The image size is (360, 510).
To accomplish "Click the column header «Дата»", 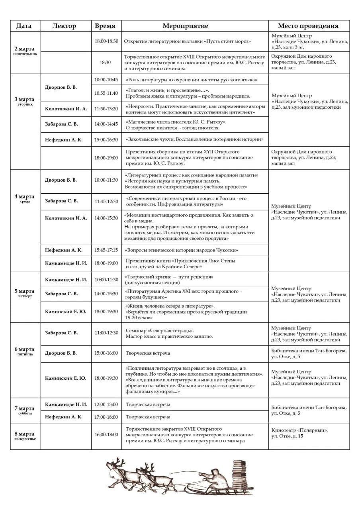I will pyautogui.click(x=24, y=26).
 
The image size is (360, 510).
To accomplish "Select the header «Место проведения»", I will pyautogui.click(x=308, y=26).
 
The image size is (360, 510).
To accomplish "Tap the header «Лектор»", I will pyautogui.click(x=64, y=26).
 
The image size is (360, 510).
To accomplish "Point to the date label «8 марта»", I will pyautogui.click(x=25, y=434).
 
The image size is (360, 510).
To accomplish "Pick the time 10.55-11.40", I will pyautogui.click(x=106, y=93).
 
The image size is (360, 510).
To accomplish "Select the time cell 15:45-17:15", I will pyautogui.click(x=106, y=250).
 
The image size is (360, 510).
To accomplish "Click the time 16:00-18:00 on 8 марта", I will pyautogui.click(x=106, y=434).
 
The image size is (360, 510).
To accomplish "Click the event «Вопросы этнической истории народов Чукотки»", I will pyautogui.click(x=182, y=250).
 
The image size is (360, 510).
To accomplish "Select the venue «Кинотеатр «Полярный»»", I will pyautogui.click(x=299, y=430).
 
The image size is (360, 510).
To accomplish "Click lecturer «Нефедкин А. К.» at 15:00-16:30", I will pyautogui.click(x=64, y=140).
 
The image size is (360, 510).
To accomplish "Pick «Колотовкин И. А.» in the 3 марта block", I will pyautogui.click(x=66, y=109).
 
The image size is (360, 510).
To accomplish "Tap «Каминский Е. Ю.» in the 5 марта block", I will pyautogui.click(x=65, y=312).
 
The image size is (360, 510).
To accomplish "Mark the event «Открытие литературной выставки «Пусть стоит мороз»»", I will pyautogui.click(x=187, y=41).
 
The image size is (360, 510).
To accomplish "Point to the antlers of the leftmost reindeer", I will pyautogui.click(x=116, y=463).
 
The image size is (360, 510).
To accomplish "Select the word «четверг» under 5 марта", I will pyautogui.click(x=25, y=296).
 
